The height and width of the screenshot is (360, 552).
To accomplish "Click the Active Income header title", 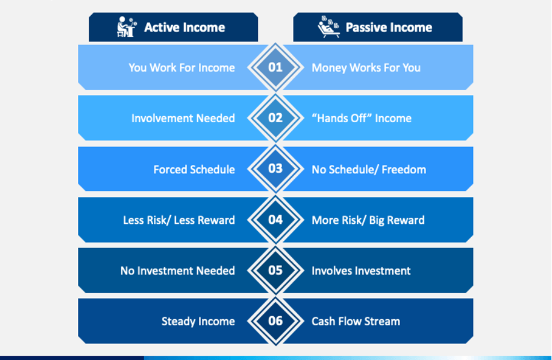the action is [184, 27].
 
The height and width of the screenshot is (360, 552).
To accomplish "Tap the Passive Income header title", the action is [388, 27].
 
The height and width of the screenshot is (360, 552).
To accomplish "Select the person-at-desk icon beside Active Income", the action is [126, 27].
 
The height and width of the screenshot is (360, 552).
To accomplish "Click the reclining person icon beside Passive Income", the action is [329, 27].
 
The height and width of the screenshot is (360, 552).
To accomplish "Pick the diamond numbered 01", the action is [275, 67].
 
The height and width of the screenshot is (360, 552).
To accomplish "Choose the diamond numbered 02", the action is [275, 118].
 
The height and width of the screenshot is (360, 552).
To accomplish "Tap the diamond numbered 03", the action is [275, 168].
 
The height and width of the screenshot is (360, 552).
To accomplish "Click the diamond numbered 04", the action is [275, 220].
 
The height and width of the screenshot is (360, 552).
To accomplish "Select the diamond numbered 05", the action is [275, 271].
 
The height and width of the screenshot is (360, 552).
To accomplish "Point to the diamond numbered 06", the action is [275, 321].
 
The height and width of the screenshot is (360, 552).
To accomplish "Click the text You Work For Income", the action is [182, 67].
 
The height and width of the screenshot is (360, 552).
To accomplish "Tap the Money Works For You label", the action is [366, 67].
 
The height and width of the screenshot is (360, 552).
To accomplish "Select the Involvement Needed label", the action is [183, 119].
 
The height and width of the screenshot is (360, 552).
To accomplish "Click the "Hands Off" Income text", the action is [362, 119].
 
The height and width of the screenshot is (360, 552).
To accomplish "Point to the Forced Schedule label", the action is [194, 170].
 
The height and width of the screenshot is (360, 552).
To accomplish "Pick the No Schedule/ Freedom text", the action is [369, 170].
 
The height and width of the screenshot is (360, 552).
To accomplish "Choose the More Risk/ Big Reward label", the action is [368, 220].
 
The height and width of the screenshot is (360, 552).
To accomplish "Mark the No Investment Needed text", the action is [178, 271].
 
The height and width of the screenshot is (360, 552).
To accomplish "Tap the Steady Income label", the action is [198, 321].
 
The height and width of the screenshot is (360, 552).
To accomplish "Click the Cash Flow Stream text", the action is [356, 321].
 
